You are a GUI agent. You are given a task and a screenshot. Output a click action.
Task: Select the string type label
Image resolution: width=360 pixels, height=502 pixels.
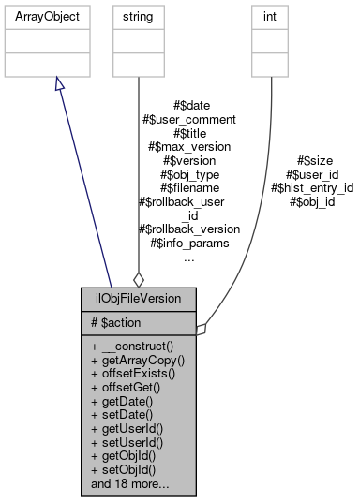(x=138, y=16)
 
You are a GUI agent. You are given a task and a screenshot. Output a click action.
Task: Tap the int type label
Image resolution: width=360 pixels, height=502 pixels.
(x=271, y=16)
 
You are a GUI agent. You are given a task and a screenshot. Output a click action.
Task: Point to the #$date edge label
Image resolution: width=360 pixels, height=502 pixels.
(x=191, y=106)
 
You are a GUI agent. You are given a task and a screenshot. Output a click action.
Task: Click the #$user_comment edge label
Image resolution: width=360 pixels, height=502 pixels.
(x=188, y=119)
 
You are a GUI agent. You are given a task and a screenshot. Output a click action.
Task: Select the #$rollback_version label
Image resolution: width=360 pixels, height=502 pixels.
(x=188, y=228)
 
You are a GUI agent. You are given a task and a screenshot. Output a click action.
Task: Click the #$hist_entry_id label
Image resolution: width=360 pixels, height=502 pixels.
(x=312, y=187)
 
